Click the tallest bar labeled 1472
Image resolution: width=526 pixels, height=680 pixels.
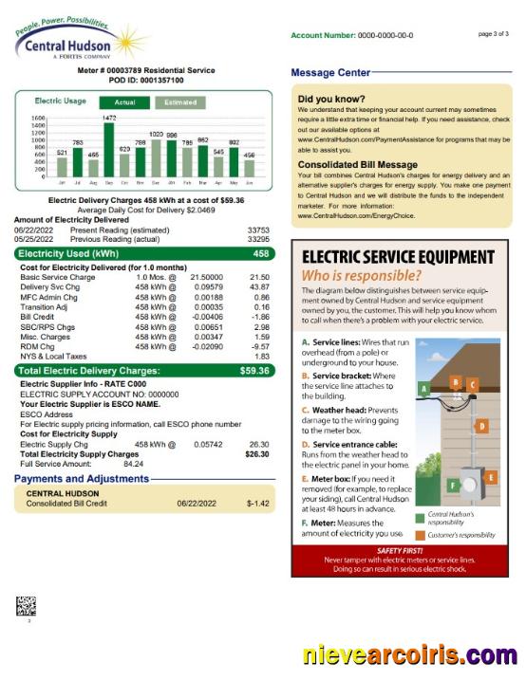[x=108, y=150]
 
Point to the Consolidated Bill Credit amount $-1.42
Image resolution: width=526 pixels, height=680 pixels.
[x=257, y=503]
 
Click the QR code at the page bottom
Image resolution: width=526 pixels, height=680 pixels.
[x=26, y=606]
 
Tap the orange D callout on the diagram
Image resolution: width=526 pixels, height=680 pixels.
[x=481, y=427]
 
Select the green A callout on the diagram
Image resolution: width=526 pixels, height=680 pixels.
[x=424, y=388]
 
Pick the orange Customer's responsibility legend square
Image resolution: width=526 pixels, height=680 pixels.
[x=420, y=534]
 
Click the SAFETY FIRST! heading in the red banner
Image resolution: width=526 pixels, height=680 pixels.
[x=401, y=550]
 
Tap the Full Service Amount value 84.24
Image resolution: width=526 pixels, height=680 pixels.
[x=134, y=464]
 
